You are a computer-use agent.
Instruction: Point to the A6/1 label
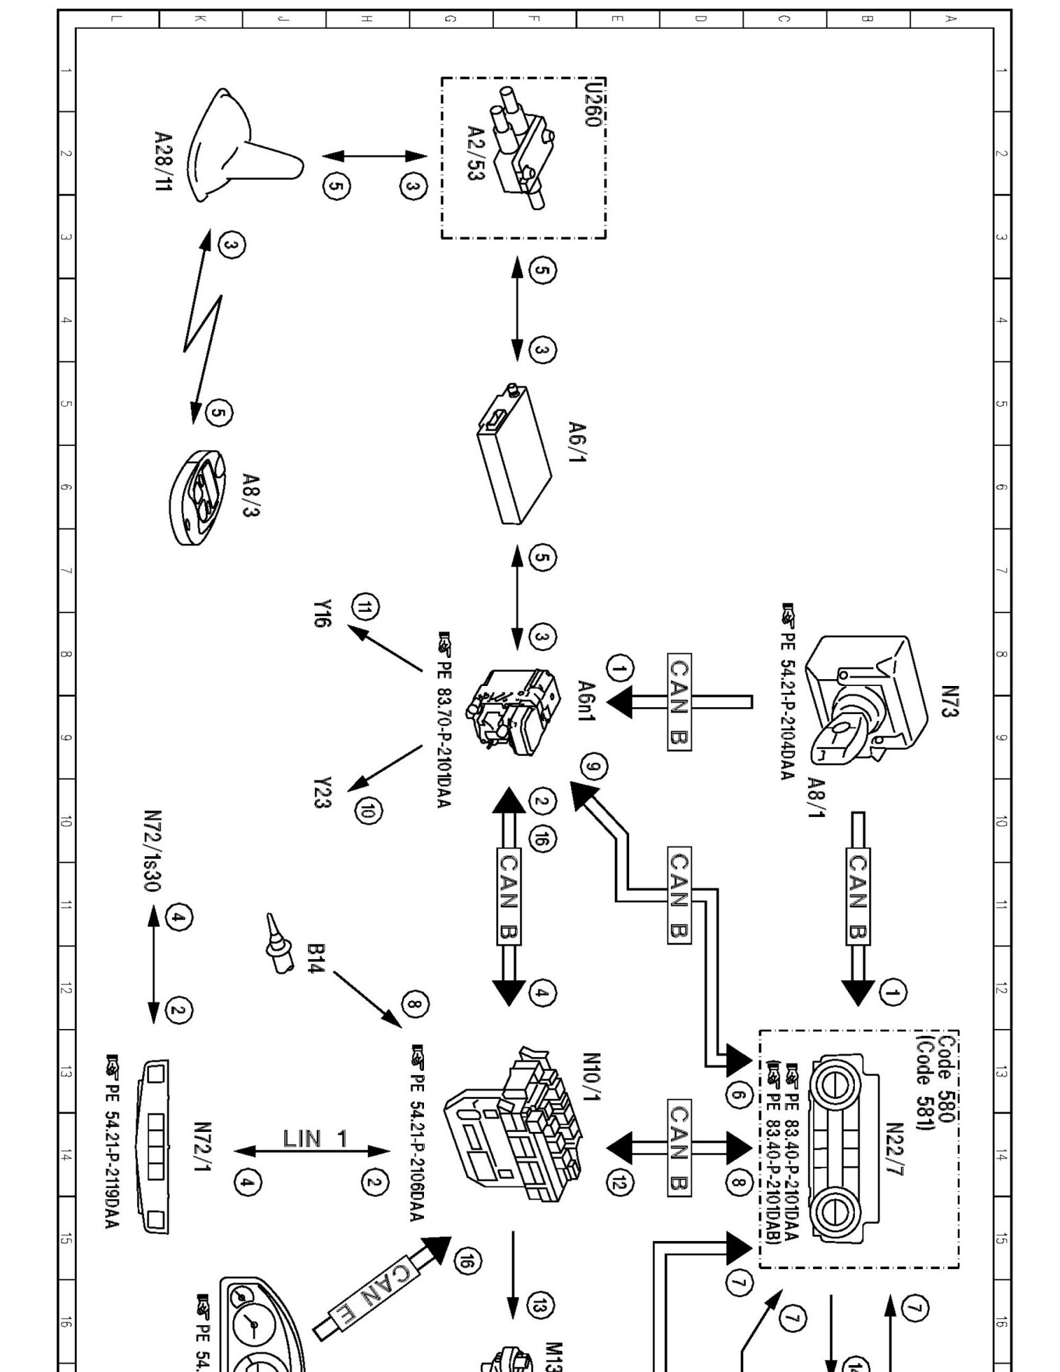coord(577,442)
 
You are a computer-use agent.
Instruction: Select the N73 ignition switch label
coord(950,700)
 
